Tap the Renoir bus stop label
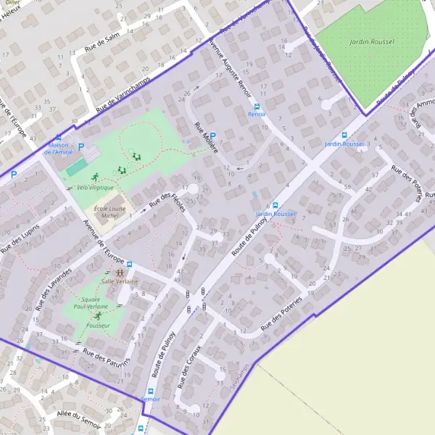tap(257, 115)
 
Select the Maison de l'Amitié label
tap(59, 149)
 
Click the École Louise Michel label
tap(107, 212)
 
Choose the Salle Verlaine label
tap(120, 281)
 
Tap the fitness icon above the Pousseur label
tap(97, 316)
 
